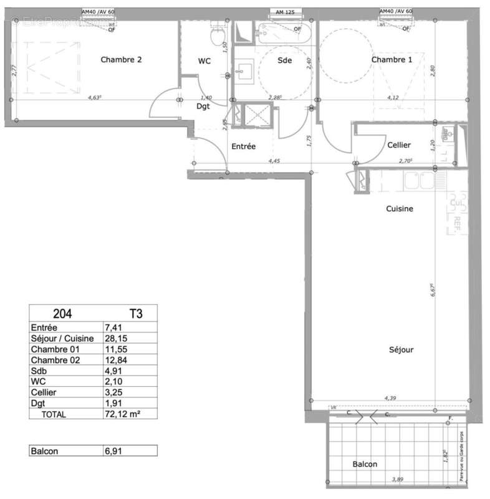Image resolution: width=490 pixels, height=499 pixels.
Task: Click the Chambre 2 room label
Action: [122, 60]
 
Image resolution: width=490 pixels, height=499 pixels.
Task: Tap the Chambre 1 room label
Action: [392, 60]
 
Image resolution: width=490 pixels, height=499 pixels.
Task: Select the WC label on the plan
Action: [204, 61]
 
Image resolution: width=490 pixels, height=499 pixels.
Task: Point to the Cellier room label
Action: [398, 145]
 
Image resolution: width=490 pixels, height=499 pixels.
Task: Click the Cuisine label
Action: [399, 209]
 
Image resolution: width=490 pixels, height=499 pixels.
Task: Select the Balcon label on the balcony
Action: [365, 464]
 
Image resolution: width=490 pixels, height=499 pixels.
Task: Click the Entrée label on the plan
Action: [244, 147]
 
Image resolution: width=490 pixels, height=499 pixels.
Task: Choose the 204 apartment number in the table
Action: [60, 314]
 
